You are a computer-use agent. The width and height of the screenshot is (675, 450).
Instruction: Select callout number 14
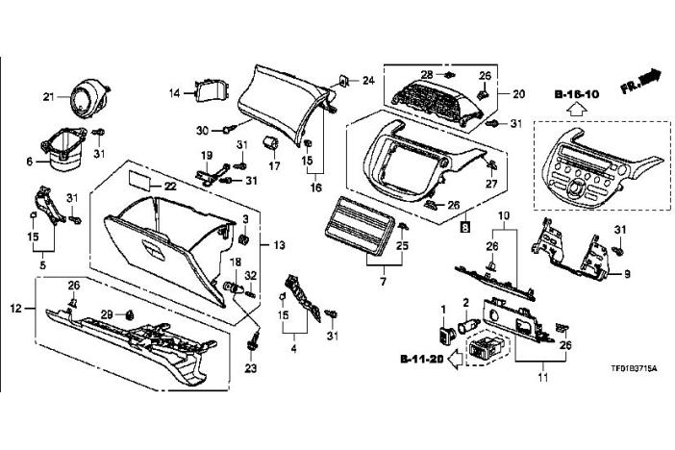pos(175,92)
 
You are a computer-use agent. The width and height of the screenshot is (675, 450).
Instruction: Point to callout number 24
pos(366,81)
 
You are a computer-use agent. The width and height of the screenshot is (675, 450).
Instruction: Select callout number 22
pos(170,186)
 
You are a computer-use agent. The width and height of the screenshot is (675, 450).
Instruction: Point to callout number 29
pos(108,315)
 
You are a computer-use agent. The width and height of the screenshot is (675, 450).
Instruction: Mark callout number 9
pos(626,275)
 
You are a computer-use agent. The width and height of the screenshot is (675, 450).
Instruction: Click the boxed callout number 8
pos(464,227)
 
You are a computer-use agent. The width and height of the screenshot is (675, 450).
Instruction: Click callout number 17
pos(274,165)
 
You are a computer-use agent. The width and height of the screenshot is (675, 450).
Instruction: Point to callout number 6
pos(30,161)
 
